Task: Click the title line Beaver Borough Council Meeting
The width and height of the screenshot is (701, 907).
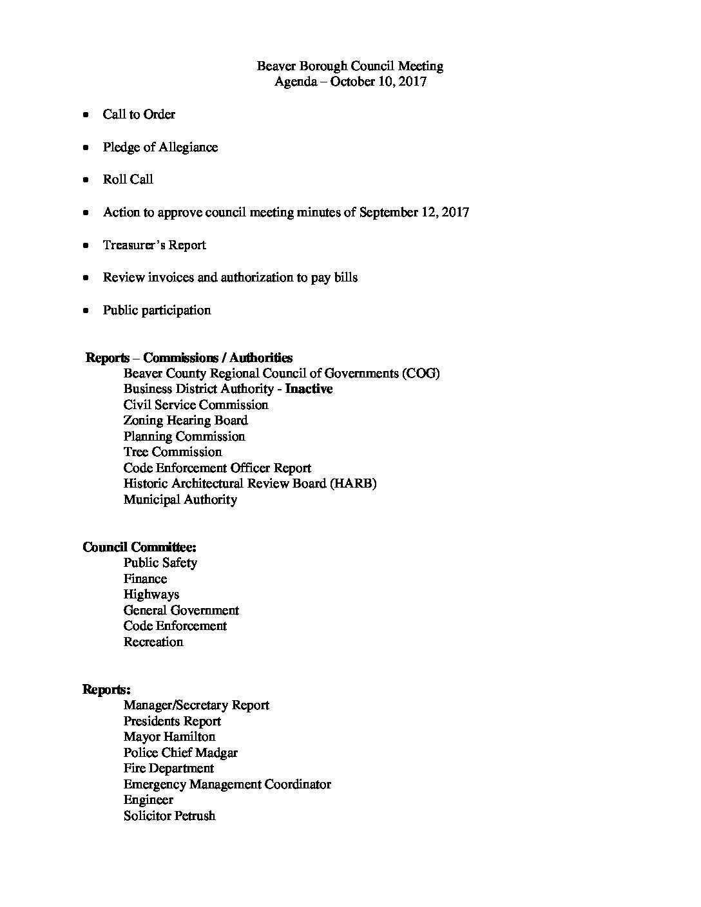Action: tap(350, 66)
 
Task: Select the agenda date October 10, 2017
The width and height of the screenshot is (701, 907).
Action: tap(378, 82)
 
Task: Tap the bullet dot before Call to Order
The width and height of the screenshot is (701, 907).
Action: tap(86, 115)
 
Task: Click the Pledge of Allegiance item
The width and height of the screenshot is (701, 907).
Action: tap(160, 148)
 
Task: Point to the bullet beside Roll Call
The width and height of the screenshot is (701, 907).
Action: tap(86, 180)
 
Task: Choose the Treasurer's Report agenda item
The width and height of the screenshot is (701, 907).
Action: tap(154, 245)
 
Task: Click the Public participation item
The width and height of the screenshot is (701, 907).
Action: tap(157, 310)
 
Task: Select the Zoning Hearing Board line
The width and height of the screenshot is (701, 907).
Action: tap(186, 421)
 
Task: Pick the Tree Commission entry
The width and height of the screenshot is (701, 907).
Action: tap(173, 452)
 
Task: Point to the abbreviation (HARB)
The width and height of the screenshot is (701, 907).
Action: tap(353, 484)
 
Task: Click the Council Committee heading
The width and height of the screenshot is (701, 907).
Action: tap(139, 548)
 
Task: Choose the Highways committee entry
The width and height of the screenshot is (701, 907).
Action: tap(151, 595)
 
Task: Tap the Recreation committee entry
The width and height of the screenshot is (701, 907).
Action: tap(153, 642)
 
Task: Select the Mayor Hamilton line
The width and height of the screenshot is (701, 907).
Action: tap(169, 737)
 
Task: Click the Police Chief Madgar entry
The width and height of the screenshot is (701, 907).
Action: tap(180, 753)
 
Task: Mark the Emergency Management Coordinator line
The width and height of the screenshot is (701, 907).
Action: tap(227, 785)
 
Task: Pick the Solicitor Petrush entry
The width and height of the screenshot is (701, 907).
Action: tap(169, 816)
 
